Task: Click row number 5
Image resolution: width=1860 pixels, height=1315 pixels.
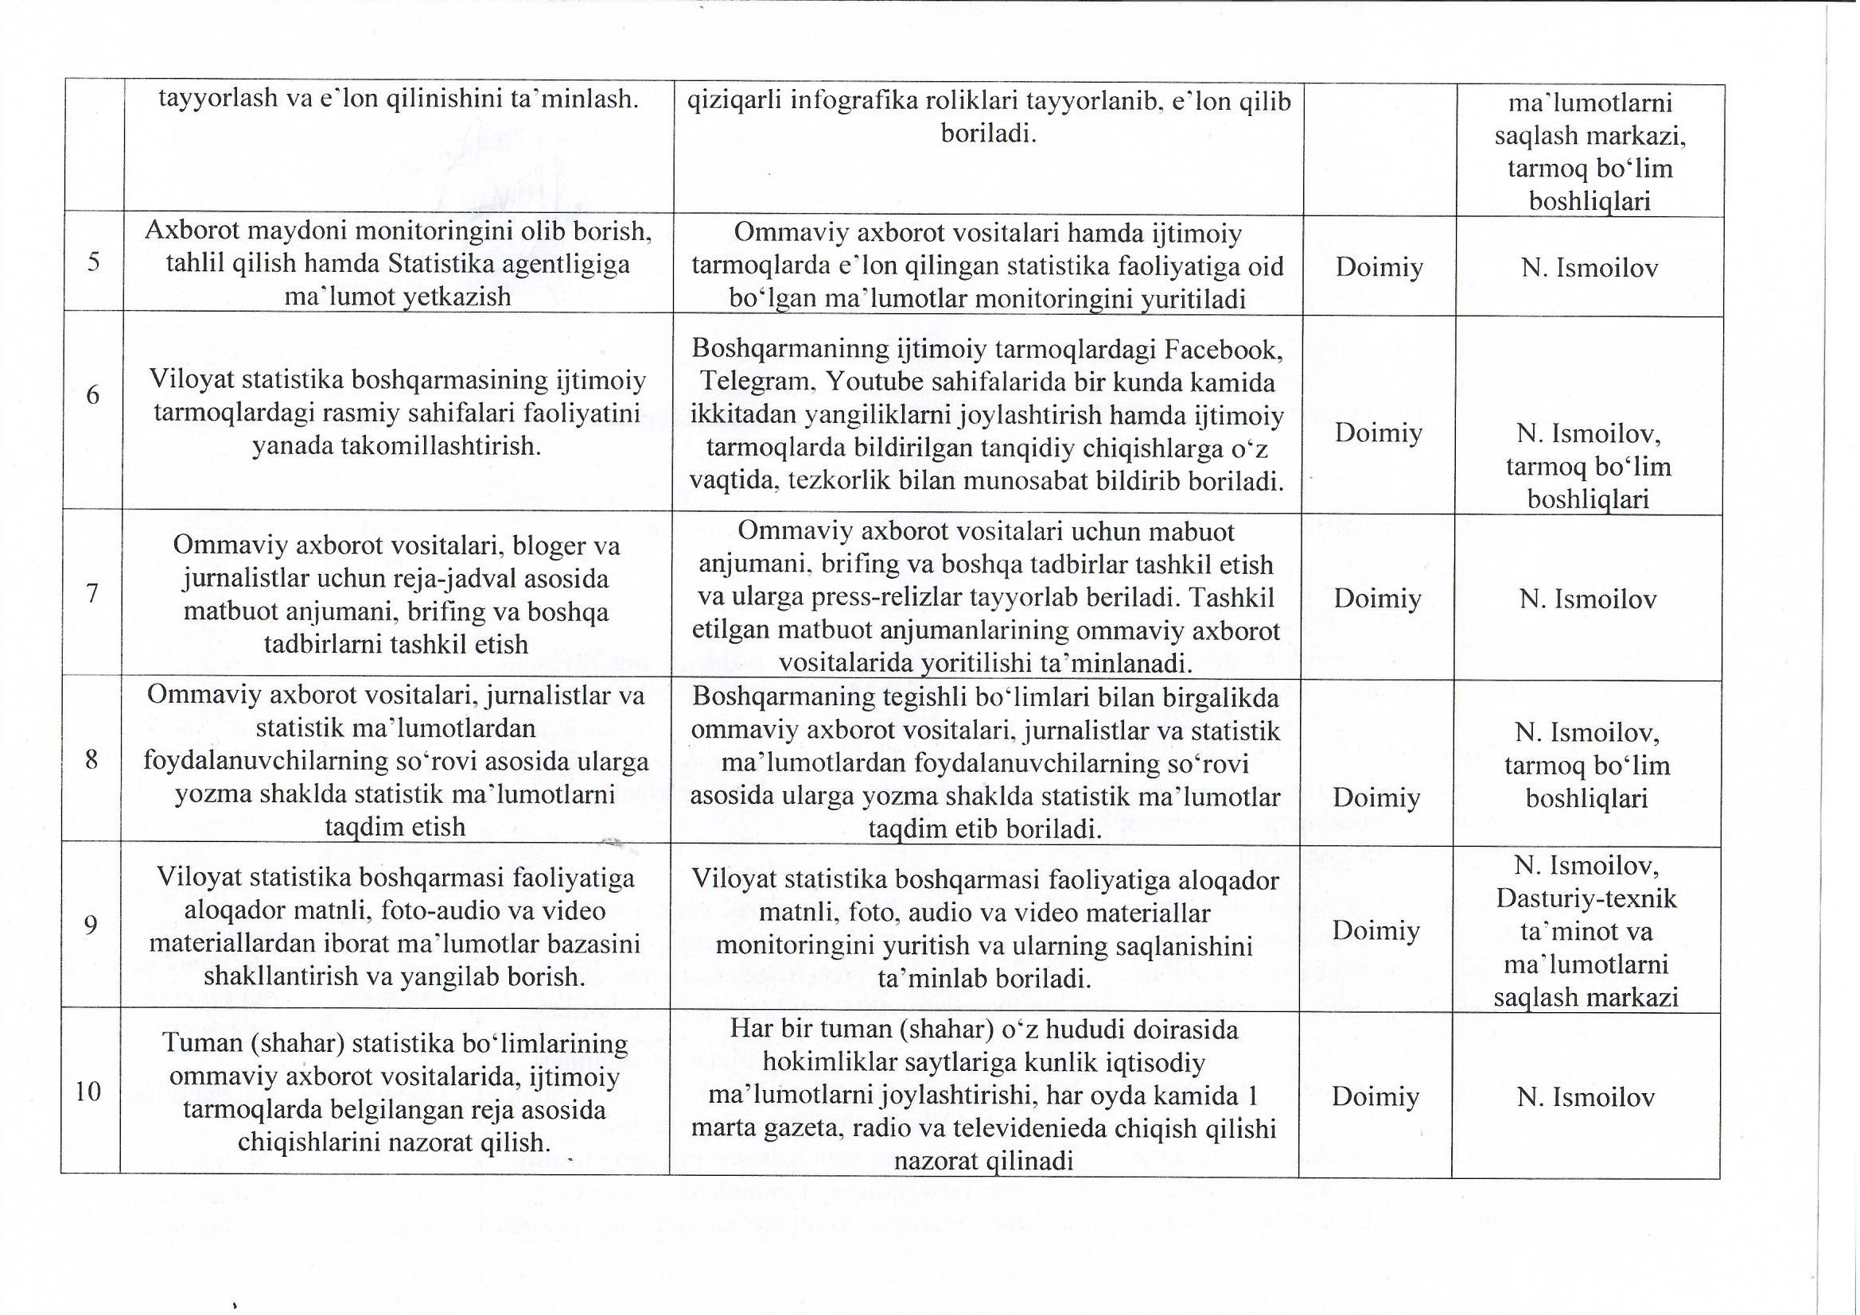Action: click(x=93, y=263)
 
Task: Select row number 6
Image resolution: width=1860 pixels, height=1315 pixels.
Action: click(x=92, y=395)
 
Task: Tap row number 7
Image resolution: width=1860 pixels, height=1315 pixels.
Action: click(x=91, y=594)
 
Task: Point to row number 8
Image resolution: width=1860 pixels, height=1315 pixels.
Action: click(x=91, y=759)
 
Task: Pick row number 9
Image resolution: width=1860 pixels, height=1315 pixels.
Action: click(x=91, y=925)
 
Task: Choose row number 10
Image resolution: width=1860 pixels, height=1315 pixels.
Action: click(x=88, y=1092)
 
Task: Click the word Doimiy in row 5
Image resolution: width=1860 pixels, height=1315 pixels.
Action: click(x=1379, y=267)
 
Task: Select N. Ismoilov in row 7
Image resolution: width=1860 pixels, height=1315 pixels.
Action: click(x=1587, y=599)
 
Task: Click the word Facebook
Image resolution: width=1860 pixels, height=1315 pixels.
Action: click(x=1224, y=350)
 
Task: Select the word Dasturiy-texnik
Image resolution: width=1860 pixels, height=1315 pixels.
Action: click(x=1586, y=899)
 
